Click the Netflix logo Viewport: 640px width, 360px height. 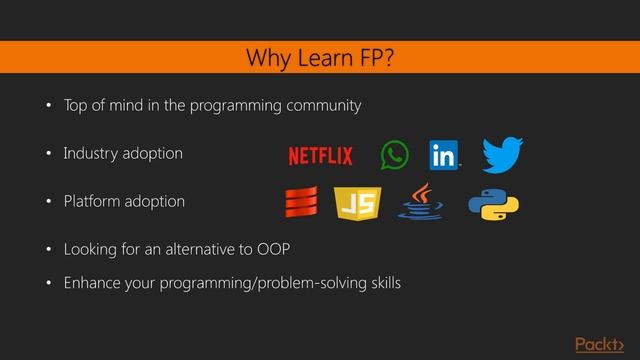point(320,156)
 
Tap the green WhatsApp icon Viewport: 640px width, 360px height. point(395,155)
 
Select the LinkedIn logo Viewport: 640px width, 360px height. point(443,155)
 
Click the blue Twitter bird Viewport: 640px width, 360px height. point(502,155)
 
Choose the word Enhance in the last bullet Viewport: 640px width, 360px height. point(93,284)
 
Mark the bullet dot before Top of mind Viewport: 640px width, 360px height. point(46,106)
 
